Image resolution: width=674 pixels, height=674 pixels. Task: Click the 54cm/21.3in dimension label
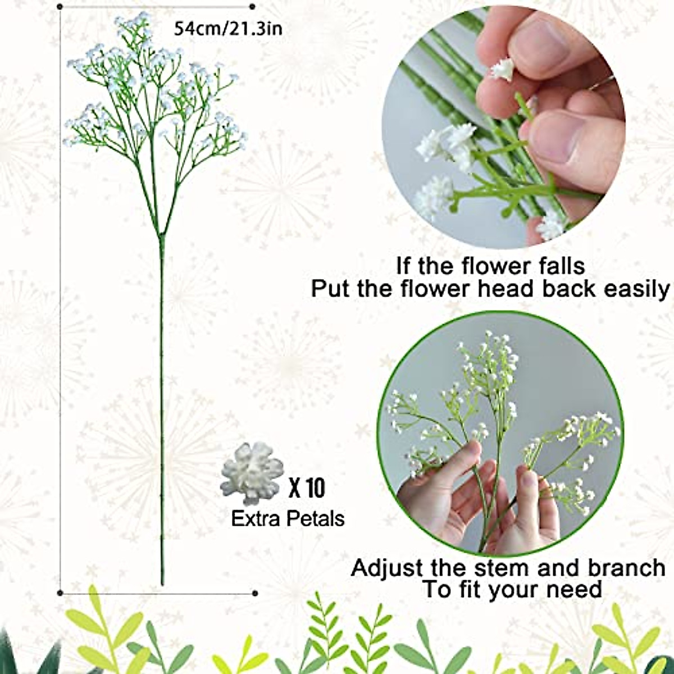(x=228, y=29)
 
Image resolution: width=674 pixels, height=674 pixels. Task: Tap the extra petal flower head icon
(x=252, y=473)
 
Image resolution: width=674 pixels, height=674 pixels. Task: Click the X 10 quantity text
(x=307, y=488)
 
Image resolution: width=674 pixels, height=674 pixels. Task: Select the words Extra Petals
(x=288, y=518)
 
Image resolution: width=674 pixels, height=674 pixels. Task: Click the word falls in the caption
(x=554, y=265)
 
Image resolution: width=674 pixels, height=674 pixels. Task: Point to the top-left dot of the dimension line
(x=60, y=7)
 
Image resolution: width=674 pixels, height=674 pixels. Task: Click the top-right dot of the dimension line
(x=252, y=7)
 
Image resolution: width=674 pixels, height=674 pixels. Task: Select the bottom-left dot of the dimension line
(x=60, y=592)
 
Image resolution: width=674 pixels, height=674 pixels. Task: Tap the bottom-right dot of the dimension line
(x=254, y=593)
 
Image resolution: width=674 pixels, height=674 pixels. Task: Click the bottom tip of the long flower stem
(x=162, y=584)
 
